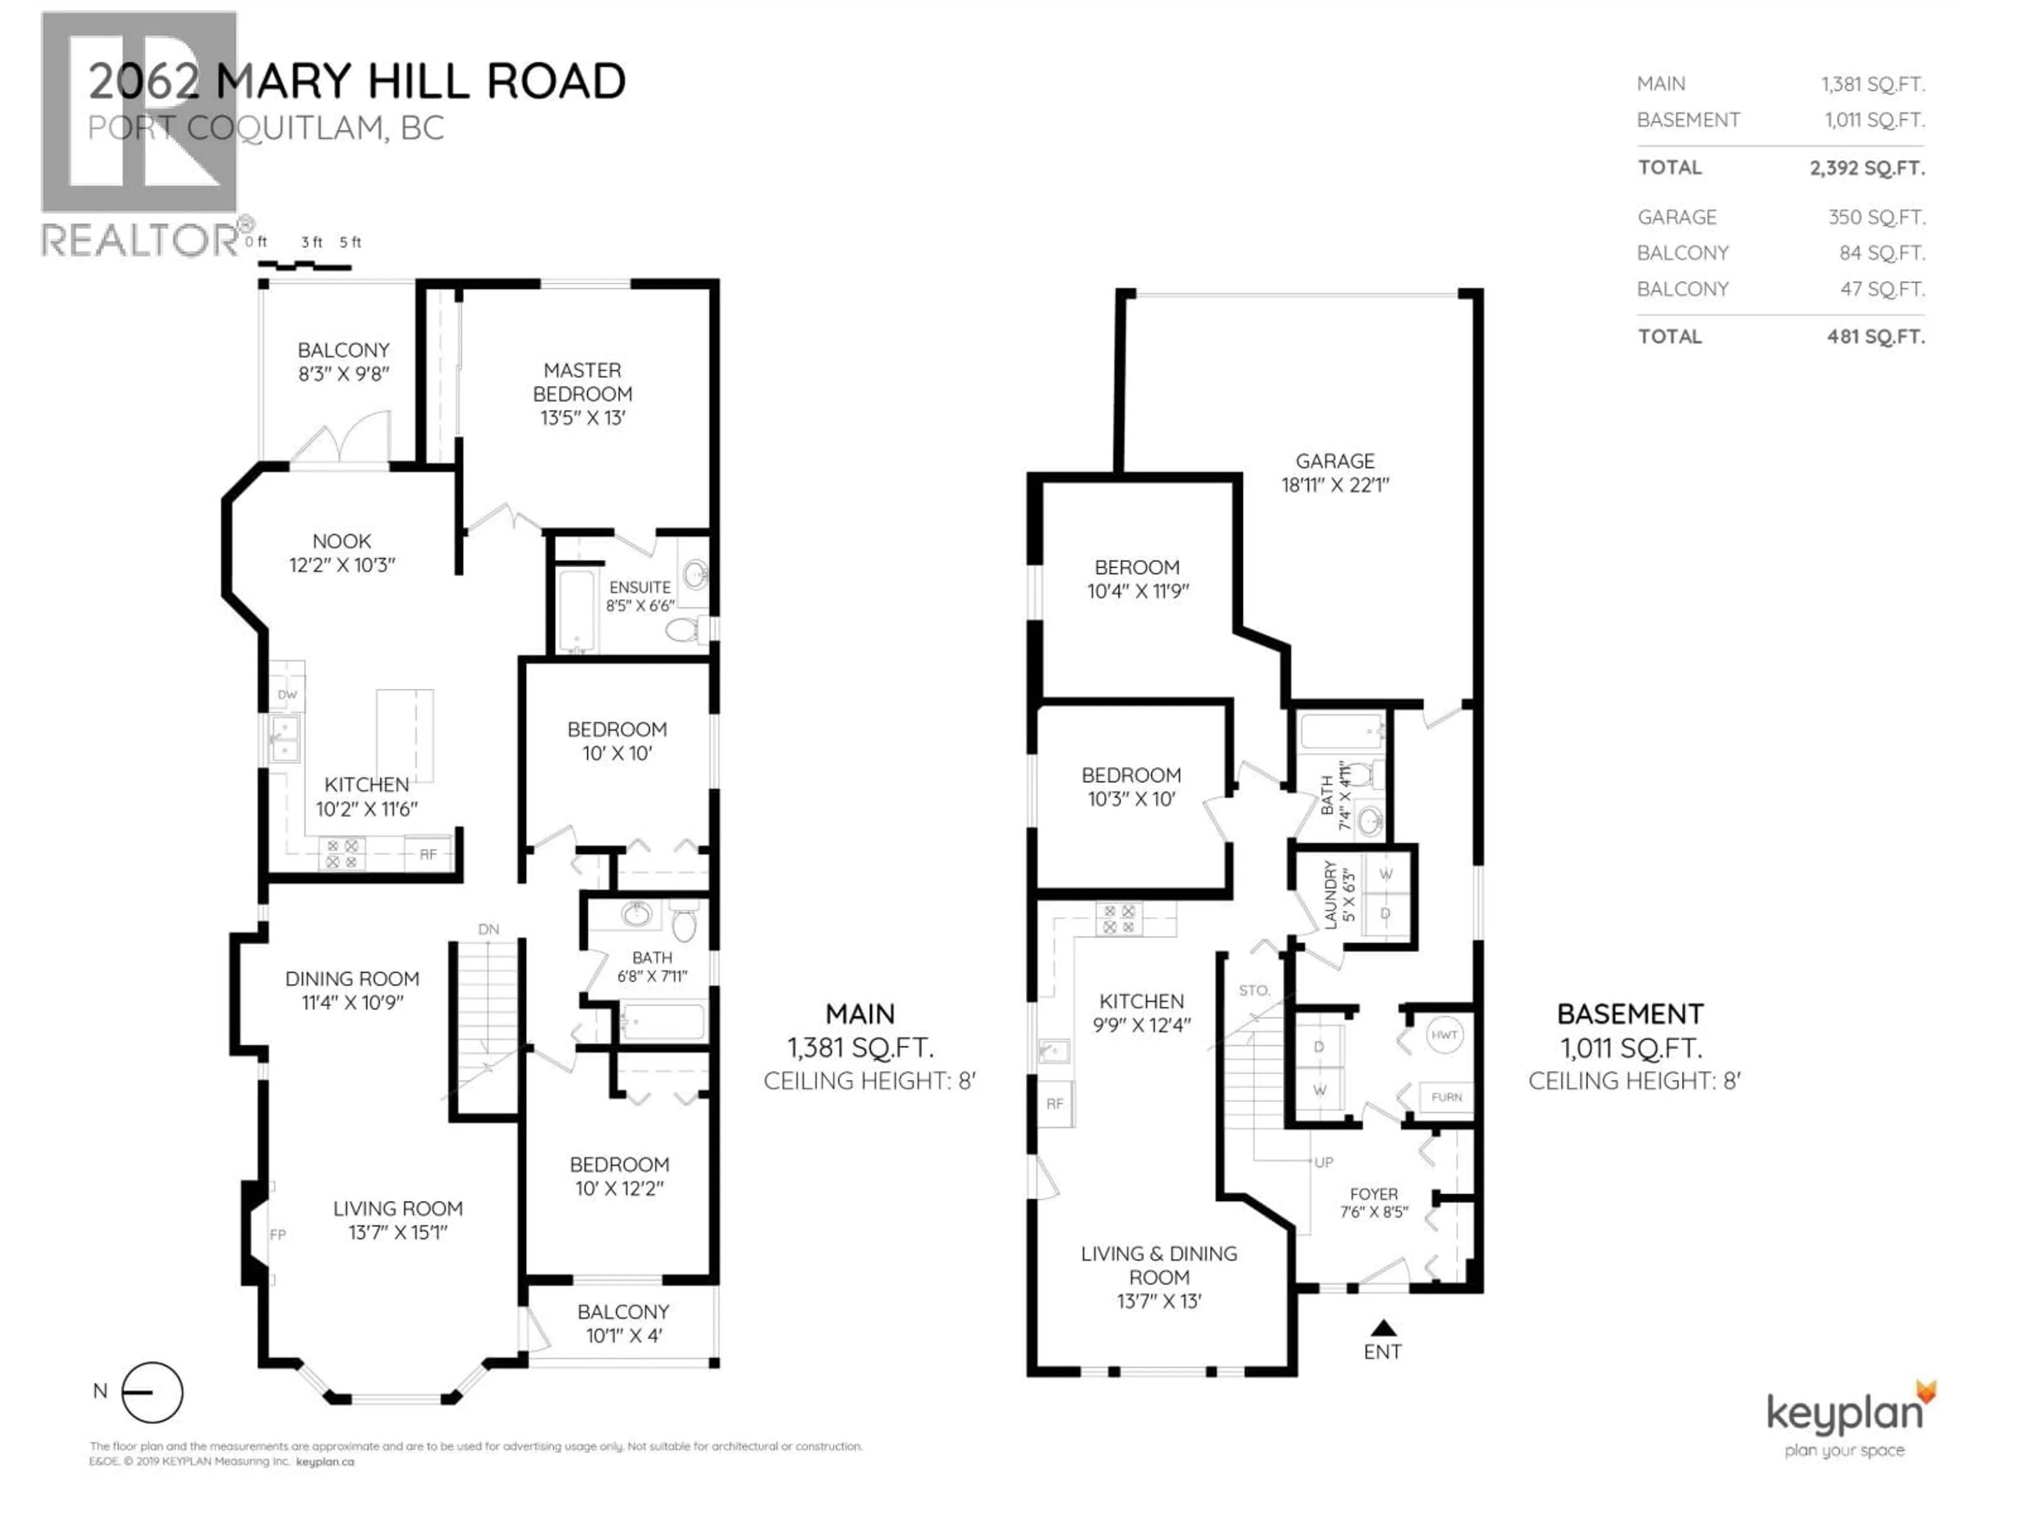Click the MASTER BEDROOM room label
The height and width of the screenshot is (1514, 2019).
point(583,393)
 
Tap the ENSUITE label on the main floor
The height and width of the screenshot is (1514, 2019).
point(640,587)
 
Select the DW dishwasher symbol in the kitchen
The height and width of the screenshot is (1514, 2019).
point(288,694)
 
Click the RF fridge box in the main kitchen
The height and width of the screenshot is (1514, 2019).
point(428,854)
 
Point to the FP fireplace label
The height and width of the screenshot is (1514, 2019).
point(278,1235)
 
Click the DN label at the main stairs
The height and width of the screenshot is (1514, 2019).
point(488,929)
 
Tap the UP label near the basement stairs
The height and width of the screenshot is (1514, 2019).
point(1323,1162)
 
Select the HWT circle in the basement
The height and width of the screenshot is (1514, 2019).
point(1444,1035)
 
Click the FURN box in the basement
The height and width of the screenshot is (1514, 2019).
point(1446,1097)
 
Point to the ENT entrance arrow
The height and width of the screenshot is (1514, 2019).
point(1383,1328)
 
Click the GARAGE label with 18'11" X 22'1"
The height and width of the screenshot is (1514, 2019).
point(1334,461)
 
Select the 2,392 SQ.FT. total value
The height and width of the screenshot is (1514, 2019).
point(1867,168)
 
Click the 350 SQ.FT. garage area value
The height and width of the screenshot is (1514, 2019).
point(1875,217)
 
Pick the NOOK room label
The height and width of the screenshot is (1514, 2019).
point(341,540)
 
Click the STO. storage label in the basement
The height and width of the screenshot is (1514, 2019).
point(1254,990)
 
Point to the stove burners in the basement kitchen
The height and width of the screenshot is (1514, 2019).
point(1119,919)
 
